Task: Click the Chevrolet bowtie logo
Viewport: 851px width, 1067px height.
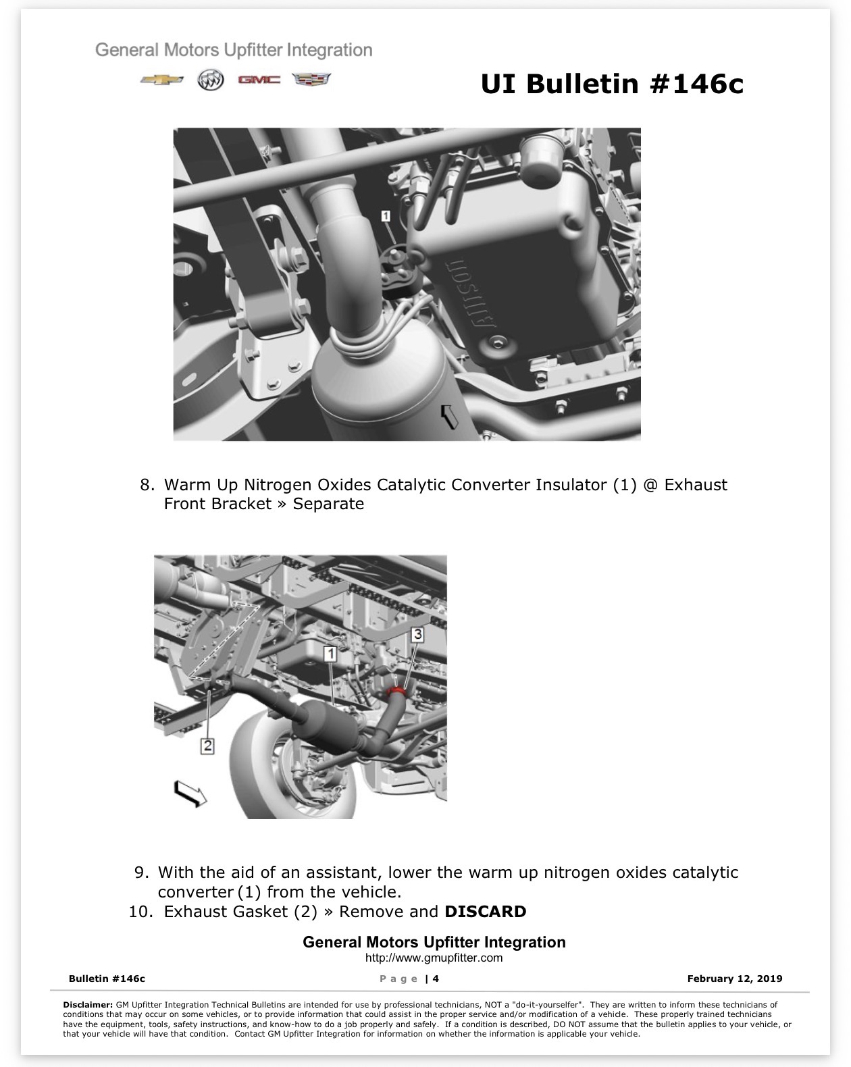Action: point(161,80)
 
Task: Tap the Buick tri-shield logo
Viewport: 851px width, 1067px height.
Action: point(210,80)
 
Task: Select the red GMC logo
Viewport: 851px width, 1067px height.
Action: point(259,79)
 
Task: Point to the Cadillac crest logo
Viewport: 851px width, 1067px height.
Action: point(311,79)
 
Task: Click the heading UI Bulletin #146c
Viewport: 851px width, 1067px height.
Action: point(612,83)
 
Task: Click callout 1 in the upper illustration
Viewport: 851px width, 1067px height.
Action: point(386,215)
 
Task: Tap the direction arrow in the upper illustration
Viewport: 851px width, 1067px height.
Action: point(449,415)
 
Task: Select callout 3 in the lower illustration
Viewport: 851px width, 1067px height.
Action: point(417,634)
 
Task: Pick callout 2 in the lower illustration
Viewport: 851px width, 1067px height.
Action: point(207,746)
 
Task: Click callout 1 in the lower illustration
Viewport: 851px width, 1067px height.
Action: point(330,654)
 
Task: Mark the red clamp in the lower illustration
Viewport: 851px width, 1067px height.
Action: point(396,691)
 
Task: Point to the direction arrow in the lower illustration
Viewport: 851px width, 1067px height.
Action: point(190,793)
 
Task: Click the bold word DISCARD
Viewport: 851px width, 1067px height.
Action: point(485,911)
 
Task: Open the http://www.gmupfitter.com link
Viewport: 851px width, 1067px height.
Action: point(434,958)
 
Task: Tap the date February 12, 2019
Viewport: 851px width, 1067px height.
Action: point(734,979)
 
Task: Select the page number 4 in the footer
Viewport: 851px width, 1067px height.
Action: point(436,979)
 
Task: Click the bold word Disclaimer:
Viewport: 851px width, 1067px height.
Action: point(88,1004)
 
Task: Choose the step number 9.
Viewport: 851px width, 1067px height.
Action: point(142,872)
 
